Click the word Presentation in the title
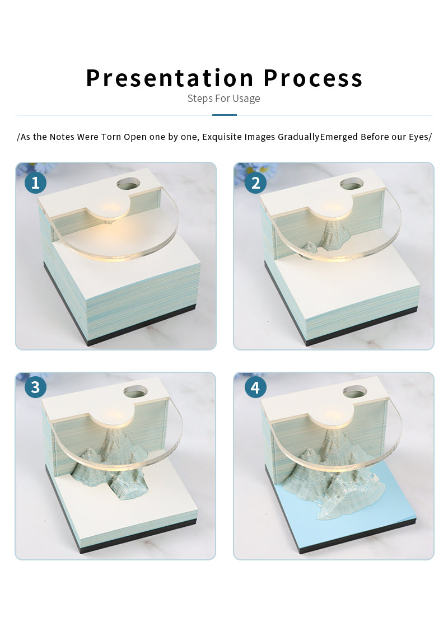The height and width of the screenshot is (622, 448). pyautogui.click(x=170, y=78)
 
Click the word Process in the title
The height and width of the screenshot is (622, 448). pyautogui.click(x=313, y=78)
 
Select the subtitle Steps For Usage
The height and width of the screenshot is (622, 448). pyautogui.click(x=224, y=99)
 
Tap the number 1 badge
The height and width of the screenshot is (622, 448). pyautogui.click(x=35, y=183)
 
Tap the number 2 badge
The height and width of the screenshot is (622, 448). pyautogui.click(x=255, y=183)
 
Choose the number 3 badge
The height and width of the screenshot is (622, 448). pyautogui.click(x=35, y=387)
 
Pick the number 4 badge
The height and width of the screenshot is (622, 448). pyautogui.click(x=255, y=387)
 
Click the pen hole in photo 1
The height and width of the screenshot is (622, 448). pyautogui.click(x=129, y=184)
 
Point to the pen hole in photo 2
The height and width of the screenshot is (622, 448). pyautogui.click(x=352, y=184)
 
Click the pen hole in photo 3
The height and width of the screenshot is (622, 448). pyautogui.click(x=136, y=392)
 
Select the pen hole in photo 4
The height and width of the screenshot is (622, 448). pyautogui.click(x=354, y=392)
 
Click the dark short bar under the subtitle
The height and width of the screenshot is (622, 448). pyautogui.click(x=225, y=115)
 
